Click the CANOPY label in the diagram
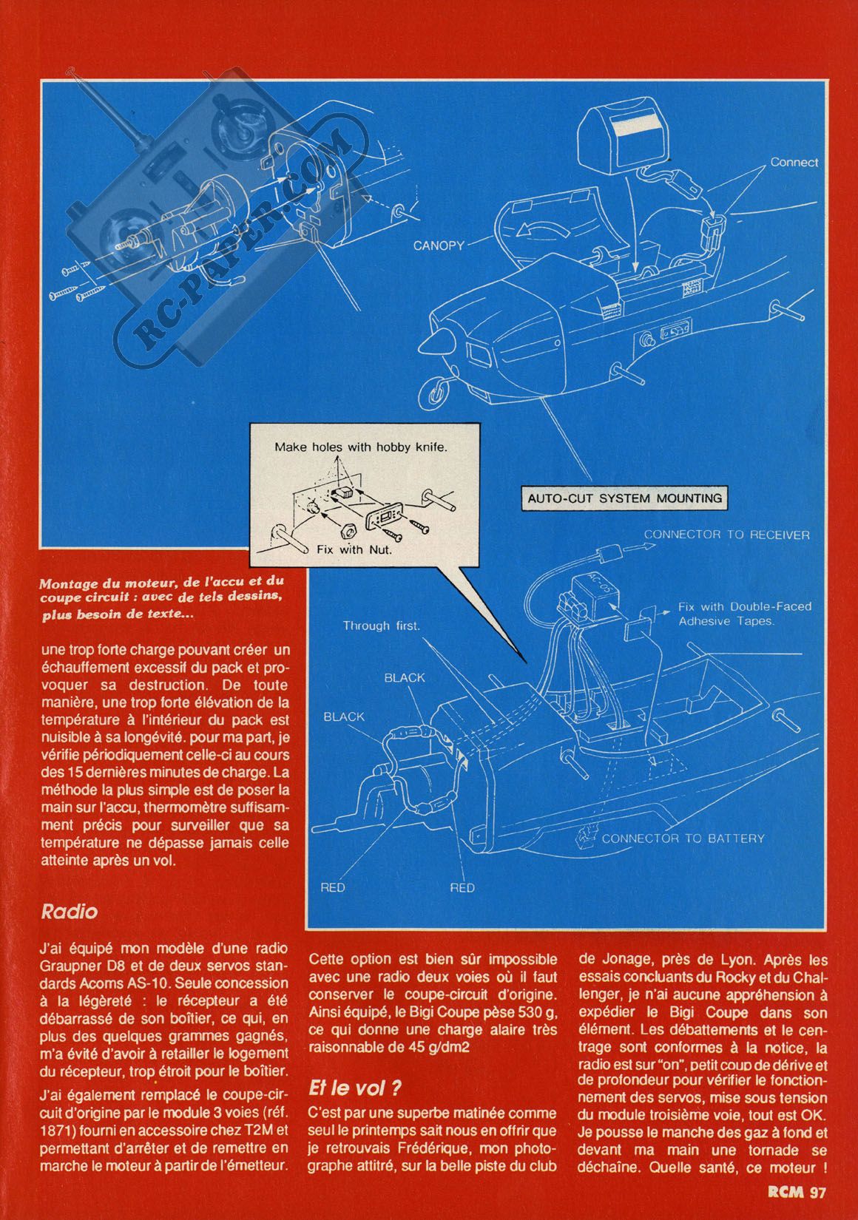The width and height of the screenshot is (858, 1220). click(439, 245)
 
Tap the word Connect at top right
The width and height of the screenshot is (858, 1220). click(794, 163)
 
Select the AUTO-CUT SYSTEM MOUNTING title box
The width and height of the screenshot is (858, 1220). click(624, 498)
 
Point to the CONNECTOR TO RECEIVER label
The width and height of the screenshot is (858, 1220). click(727, 535)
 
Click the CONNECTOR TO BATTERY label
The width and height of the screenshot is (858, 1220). click(683, 838)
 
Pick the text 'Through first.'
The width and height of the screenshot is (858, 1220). click(382, 626)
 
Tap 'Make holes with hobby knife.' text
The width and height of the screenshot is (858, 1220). click(361, 447)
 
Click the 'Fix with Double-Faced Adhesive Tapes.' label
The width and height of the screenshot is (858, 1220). click(745, 614)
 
